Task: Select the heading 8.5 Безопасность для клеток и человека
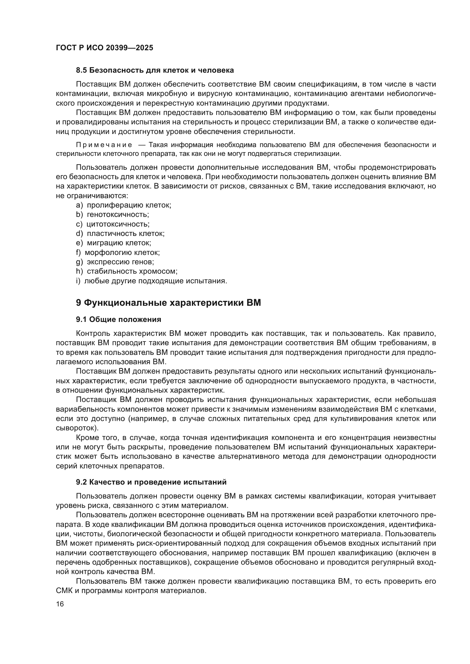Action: pyautogui.click(x=155, y=70)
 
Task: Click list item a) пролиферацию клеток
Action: pyautogui.click(x=124, y=205)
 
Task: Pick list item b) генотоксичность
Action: pyautogui.click(x=112, y=215)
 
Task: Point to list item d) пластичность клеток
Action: pyautogui.click(x=120, y=233)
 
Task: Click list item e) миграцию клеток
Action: pyautogui.click(x=113, y=243)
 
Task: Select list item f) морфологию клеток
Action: pyautogui.click(x=118, y=252)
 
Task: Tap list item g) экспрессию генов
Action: pyautogui.click(x=115, y=262)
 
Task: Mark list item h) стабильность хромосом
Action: pyautogui.click(x=126, y=271)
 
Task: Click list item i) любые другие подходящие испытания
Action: pyautogui.click(x=151, y=281)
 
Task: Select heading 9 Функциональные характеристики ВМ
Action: pyautogui.click(x=169, y=303)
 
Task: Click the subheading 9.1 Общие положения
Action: pyautogui.click(x=119, y=320)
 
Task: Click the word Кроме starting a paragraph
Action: pyautogui.click(x=88, y=438)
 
